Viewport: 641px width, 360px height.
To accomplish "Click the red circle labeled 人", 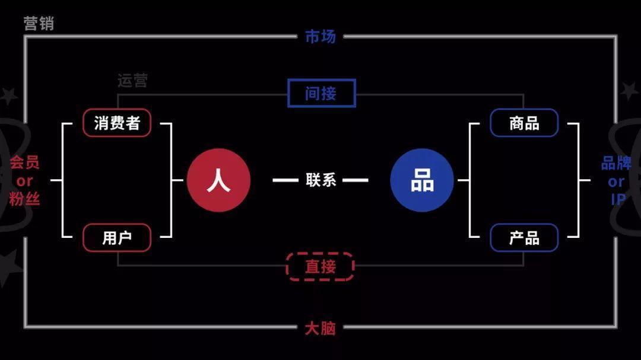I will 218,180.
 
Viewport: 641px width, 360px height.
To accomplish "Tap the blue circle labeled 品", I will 422,180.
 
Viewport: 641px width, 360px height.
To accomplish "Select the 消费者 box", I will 117,123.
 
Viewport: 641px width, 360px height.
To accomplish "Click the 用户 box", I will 117,238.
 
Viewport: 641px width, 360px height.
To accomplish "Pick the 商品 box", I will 524,123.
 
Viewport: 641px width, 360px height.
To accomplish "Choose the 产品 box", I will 524,238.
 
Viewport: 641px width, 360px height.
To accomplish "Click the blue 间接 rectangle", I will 321,93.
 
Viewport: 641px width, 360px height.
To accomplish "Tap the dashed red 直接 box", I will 320,266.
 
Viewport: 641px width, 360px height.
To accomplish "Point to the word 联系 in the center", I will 321,180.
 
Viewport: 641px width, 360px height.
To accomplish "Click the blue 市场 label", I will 320,37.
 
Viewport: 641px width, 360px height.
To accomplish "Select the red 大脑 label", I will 320,328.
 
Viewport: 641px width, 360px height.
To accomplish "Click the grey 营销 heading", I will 39,24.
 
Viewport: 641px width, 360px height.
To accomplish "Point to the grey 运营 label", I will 132,81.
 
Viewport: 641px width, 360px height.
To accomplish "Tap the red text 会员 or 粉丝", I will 24,180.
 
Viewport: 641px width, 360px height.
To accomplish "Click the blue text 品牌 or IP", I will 617,180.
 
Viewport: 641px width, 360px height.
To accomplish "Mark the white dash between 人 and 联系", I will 285,180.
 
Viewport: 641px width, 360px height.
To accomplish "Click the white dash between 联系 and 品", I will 356,180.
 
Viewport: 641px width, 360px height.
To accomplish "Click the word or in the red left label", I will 24,181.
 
